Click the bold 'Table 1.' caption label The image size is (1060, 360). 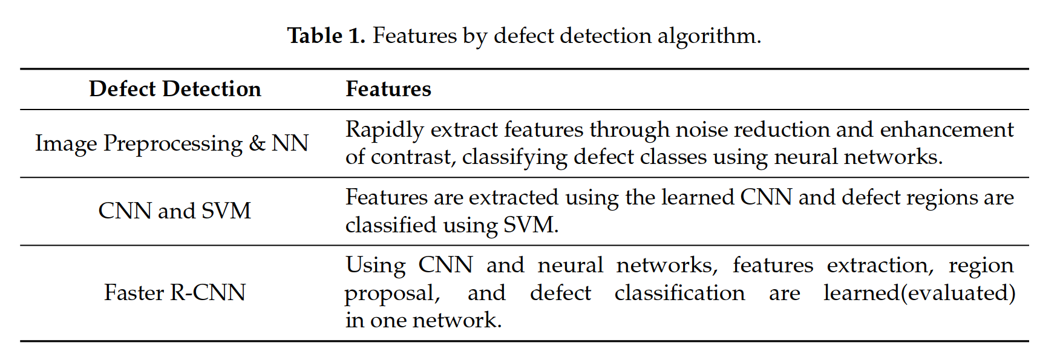tap(326, 36)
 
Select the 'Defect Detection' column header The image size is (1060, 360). tap(175, 89)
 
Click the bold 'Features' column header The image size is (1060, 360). tap(388, 89)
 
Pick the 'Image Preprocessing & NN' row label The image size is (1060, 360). tap(172, 143)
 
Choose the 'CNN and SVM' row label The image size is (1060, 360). tap(174, 211)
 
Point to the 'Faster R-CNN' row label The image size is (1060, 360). tap(174, 293)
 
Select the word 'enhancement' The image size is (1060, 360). tap(946, 129)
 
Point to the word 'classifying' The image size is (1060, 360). tap(515, 157)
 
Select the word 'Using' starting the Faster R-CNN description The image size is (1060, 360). tap(376, 266)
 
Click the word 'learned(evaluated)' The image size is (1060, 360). tap(919, 293)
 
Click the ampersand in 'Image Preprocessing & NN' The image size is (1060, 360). tap(257, 143)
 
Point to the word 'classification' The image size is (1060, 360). tap(679, 293)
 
